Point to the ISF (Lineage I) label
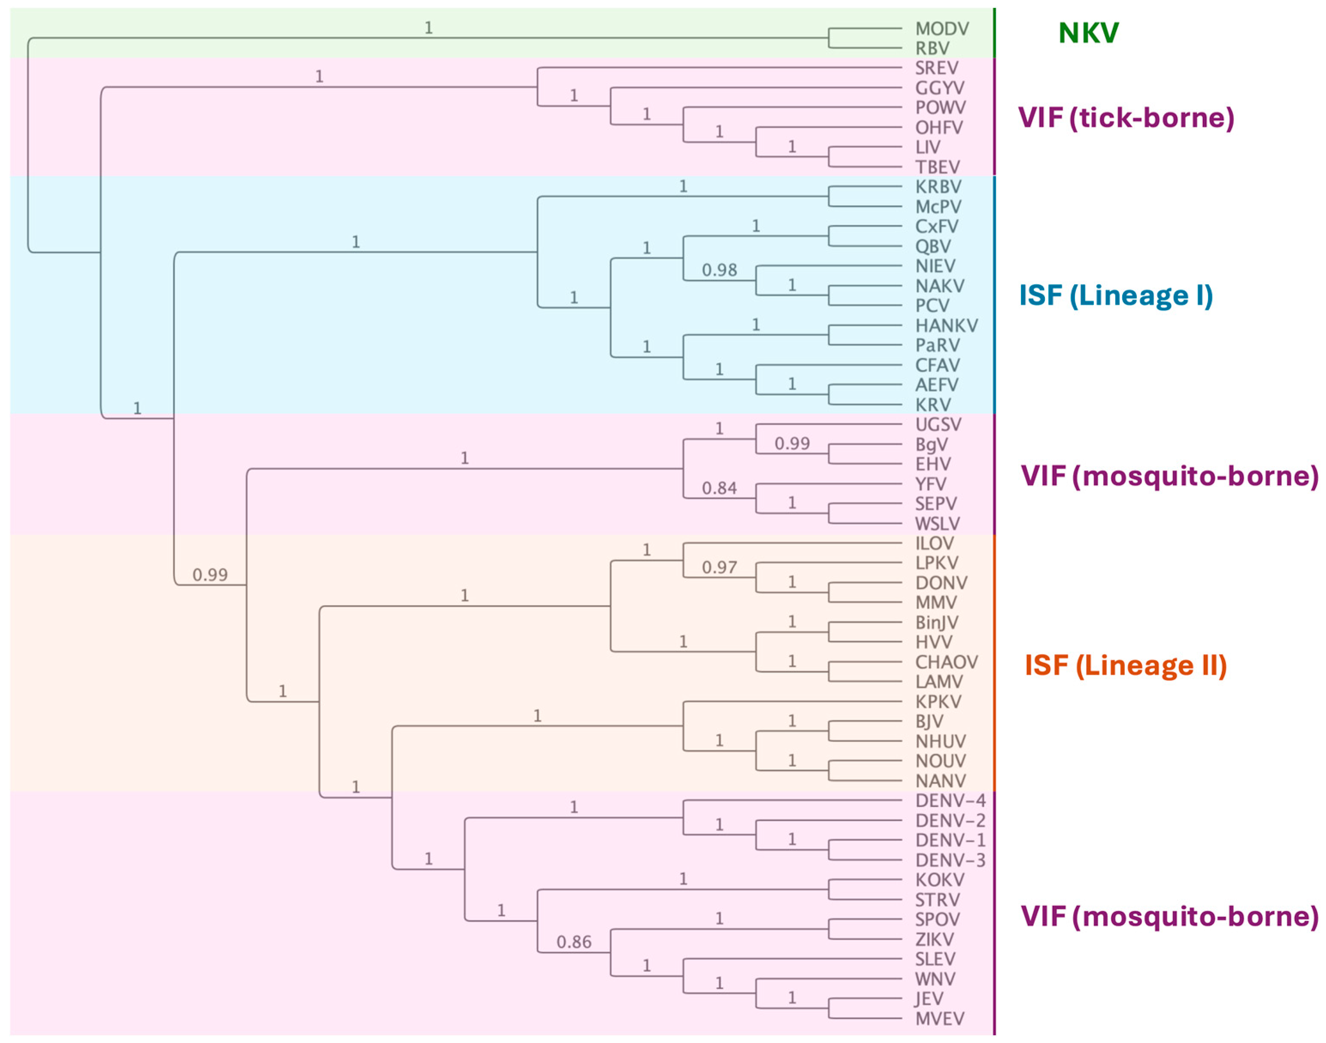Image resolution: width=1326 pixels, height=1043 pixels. pos(1115,296)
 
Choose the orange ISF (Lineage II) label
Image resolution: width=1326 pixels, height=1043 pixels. pos(1125,665)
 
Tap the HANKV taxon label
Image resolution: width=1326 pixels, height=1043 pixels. pos(946,326)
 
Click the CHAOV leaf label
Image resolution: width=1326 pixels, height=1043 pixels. pos(946,662)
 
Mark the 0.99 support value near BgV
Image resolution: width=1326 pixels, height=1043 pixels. pos(792,443)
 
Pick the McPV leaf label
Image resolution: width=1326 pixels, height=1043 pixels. pos(938,206)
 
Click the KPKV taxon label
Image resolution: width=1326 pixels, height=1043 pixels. pos(938,701)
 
